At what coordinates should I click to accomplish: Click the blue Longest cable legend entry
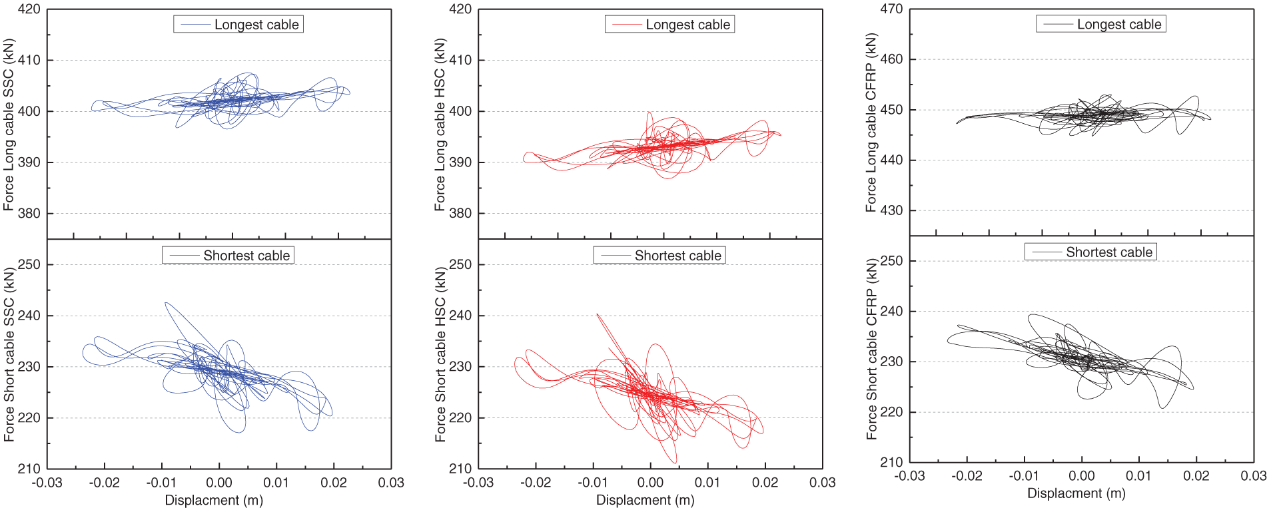tap(238, 25)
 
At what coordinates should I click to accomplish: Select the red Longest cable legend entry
tap(669, 25)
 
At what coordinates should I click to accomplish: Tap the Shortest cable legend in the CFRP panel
tap(1090, 252)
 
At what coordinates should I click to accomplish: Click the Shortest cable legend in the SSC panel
tap(228, 256)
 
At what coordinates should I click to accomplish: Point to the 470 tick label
tap(891, 9)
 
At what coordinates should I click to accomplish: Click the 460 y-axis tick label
tap(891, 59)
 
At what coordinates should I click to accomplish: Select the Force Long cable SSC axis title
tap(9, 125)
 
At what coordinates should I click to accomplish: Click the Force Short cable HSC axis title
tap(440, 354)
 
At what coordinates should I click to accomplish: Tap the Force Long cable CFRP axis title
tap(871, 123)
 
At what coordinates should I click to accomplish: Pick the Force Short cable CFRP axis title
tap(871, 349)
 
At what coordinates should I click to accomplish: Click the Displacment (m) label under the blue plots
tap(214, 500)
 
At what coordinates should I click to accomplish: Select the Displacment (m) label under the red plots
tap(645, 500)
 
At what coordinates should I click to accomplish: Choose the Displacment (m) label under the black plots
tap(1076, 493)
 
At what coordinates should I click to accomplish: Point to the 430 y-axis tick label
tap(891, 210)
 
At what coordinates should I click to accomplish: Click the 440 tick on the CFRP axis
tap(891, 160)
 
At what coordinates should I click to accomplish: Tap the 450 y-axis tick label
tap(891, 110)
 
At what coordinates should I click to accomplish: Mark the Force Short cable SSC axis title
tap(9, 354)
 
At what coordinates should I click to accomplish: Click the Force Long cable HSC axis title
tap(440, 125)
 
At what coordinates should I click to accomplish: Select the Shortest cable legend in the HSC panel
tap(659, 256)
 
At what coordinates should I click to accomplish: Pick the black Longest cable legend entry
tap(1100, 25)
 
